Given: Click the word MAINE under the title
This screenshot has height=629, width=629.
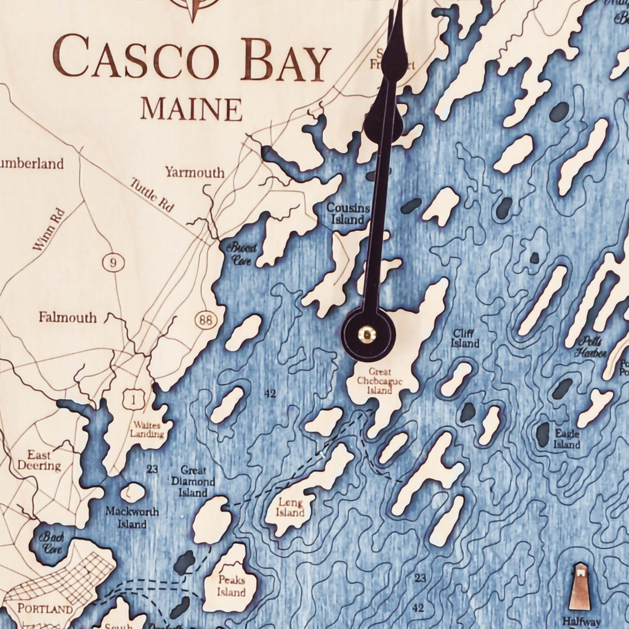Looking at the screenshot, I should pyautogui.click(x=191, y=109).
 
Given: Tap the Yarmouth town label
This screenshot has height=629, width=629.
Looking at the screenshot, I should pyautogui.click(x=195, y=172).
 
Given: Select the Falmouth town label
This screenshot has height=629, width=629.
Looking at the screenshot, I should pyautogui.click(x=68, y=317).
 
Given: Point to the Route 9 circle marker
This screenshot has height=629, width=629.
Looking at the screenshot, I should pyautogui.click(x=113, y=262).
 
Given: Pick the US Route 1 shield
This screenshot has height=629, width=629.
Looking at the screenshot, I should pyautogui.click(x=133, y=399).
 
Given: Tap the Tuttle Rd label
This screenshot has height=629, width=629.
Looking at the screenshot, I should pyautogui.click(x=152, y=195).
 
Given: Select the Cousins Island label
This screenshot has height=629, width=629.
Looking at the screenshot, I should pyautogui.click(x=348, y=214).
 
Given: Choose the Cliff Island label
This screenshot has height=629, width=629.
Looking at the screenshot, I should pyautogui.click(x=465, y=338).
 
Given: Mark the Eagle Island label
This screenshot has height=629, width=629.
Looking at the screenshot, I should pyautogui.click(x=567, y=439).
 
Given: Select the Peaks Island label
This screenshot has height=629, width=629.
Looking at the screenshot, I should pyautogui.click(x=231, y=586).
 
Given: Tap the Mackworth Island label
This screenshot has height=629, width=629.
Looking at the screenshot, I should pyautogui.click(x=132, y=518).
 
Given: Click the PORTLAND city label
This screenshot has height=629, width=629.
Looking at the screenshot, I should pyautogui.click(x=45, y=608).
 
